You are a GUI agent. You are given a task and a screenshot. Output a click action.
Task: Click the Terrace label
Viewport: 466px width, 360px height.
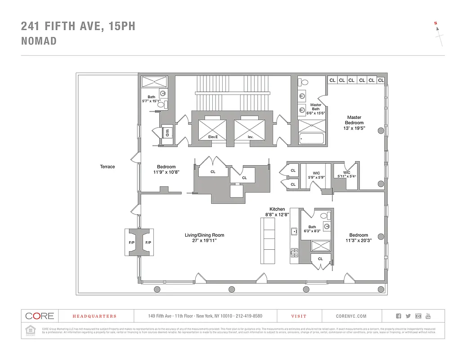point(107,166)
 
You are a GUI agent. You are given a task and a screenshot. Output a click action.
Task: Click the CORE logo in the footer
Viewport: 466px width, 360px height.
point(40,316)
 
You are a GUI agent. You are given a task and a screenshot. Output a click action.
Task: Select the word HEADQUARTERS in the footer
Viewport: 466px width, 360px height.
point(94,316)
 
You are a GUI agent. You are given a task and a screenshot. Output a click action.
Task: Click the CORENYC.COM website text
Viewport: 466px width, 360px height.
point(351,316)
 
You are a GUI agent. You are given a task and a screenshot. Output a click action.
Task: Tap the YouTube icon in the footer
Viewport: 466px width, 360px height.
point(428,316)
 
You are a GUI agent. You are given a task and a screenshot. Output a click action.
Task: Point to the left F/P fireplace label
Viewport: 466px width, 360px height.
point(132,243)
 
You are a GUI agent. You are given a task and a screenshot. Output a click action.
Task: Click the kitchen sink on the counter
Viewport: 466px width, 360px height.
point(294,232)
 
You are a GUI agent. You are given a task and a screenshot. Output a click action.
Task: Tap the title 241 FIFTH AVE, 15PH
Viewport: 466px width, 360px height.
point(78,27)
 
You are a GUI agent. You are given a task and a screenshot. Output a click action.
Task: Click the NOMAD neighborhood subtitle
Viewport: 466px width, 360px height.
point(39,41)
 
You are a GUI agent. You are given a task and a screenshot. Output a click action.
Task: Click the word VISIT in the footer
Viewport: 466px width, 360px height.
point(299,316)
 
